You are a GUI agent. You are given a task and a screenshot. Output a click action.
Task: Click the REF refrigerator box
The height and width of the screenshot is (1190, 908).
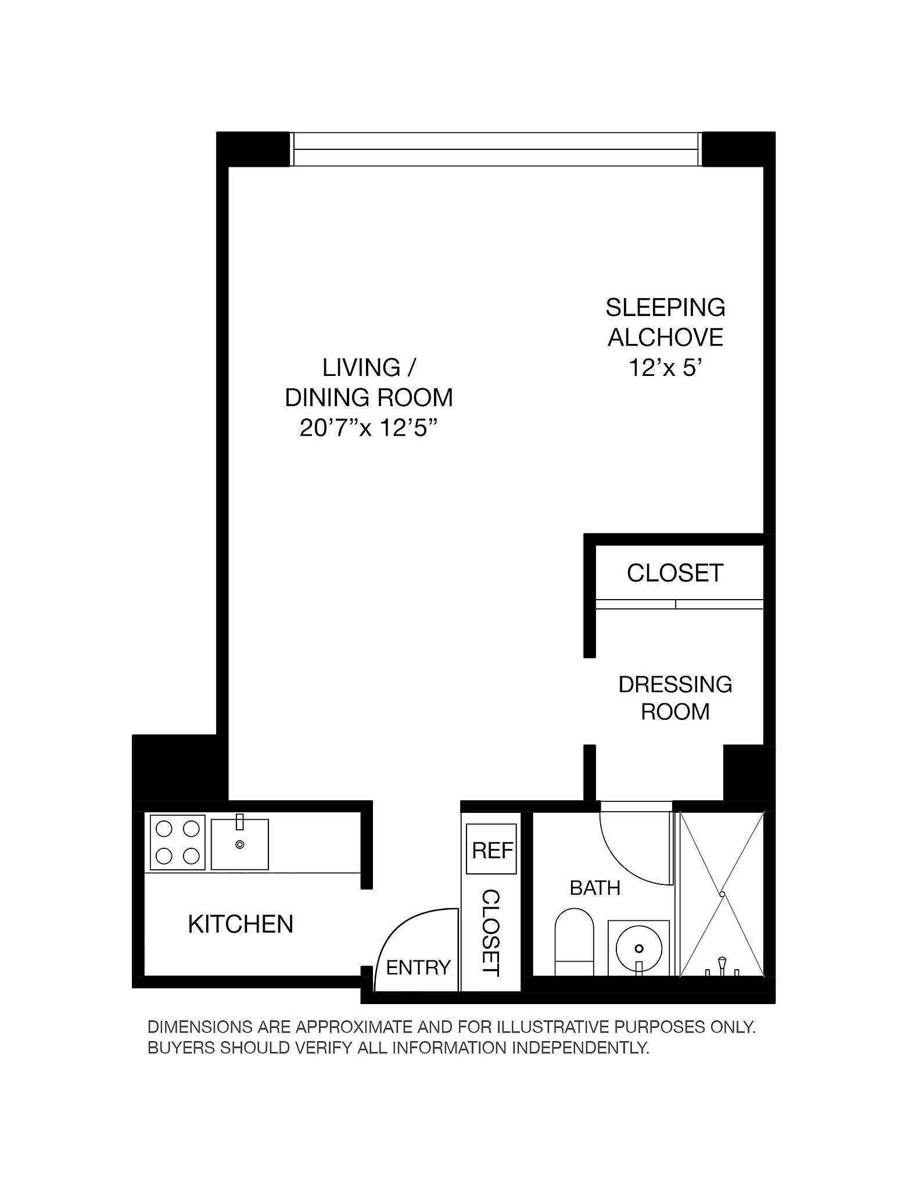pos(491,850)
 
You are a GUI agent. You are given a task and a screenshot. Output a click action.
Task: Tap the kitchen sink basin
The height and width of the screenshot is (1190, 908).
pos(239,845)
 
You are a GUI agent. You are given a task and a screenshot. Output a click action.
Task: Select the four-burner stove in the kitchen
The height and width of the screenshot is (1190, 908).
pos(177,843)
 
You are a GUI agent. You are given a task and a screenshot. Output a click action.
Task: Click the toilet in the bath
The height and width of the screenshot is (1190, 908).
pos(574,942)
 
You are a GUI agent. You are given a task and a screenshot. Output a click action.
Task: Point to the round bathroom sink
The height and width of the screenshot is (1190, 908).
pos(638,948)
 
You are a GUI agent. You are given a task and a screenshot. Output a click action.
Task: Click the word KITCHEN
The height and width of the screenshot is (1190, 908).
pos(241,924)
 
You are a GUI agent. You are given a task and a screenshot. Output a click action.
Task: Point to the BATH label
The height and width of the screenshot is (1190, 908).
pos(595,888)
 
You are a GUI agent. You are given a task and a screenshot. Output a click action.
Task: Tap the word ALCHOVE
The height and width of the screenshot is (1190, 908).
pos(666,338)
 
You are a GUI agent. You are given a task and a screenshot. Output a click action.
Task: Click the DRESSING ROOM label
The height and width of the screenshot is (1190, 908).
pos(675,698)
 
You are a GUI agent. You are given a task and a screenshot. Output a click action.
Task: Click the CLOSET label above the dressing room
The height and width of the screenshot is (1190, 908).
pos(674,573)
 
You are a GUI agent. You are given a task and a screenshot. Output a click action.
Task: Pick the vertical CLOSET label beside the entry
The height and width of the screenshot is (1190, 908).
pos(491,933)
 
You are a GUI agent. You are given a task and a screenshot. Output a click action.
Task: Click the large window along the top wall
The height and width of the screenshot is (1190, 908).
pos(495,149)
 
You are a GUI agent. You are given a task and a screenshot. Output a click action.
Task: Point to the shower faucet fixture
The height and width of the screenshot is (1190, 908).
pos(722,966)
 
